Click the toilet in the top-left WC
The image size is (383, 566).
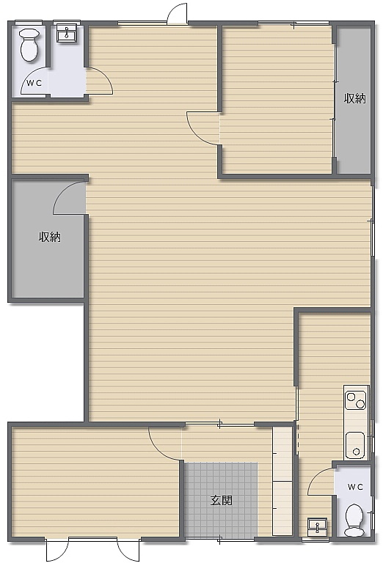(x=29, y=45)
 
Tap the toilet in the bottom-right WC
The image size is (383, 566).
(x=354, y=520)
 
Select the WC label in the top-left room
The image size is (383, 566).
(x=34, y=83)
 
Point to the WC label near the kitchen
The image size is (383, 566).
(x=355, y=487)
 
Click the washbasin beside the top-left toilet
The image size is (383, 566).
(x=66, y=34)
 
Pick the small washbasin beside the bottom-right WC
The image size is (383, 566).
(x=317, y=526)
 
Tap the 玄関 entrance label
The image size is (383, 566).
(x=221, y=501)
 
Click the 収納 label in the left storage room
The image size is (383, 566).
(x=50, y=237)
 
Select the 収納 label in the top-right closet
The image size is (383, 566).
(x=354, y=98)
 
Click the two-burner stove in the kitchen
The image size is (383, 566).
(x=357, y=401)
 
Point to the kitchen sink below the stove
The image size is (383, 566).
(x=356, y=445)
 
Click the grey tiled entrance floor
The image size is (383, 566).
(x=221, y=499)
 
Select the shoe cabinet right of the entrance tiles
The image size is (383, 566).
(x=282, y=481)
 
